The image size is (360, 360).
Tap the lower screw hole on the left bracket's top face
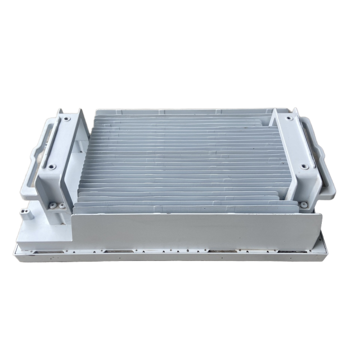coord(51,166)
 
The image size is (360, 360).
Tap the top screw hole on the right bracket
coord(290,119)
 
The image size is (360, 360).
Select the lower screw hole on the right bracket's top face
coord(304,166)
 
